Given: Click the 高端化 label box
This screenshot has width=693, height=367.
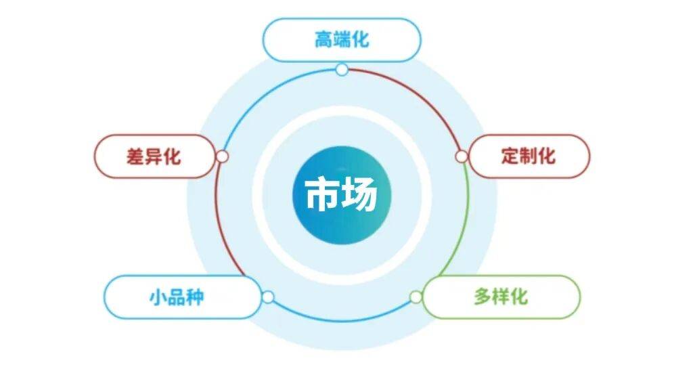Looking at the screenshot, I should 341,39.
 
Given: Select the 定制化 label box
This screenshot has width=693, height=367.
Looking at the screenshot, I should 529,156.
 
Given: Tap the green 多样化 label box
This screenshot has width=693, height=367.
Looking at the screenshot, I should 501,297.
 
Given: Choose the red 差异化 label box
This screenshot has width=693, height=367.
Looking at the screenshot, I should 154,156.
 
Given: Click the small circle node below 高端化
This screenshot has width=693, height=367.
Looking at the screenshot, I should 342,69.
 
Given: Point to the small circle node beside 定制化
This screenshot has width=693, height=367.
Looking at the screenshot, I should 461,156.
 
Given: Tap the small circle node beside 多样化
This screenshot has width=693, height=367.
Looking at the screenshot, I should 416,297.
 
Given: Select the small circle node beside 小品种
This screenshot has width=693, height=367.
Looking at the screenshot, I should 268,297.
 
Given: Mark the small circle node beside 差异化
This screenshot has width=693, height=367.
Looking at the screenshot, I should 222,156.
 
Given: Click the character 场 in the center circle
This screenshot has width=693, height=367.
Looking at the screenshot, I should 359,194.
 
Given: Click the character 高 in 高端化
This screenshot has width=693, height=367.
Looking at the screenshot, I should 323,39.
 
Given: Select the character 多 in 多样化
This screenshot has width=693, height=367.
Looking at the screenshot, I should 482,297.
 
